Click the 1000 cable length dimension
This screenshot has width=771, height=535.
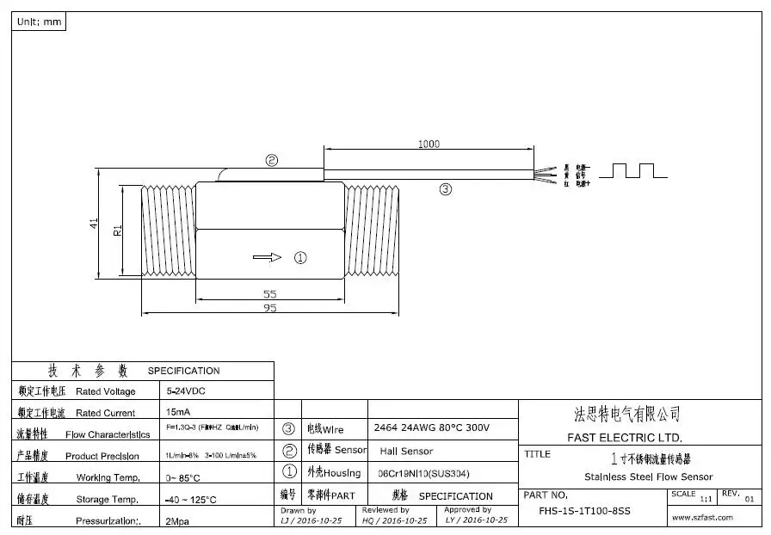click(429, 145)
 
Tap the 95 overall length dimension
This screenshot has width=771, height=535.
click(270, 308)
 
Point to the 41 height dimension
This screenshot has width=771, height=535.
click(94, 223)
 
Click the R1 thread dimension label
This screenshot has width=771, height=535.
click(118, 230)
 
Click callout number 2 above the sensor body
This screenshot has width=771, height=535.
click(272, 160)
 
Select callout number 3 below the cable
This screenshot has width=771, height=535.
click(445, 189)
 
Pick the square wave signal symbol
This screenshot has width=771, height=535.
click(633, 170)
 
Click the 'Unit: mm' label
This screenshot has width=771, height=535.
click(39, 22)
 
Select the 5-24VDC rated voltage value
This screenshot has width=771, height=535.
click(187, 390)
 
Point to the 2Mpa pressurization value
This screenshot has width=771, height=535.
click(179, 521)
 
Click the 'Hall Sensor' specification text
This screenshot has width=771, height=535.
click(406, 451)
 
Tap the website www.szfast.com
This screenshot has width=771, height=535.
click(702, 517)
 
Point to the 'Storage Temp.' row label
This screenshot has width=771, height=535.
click(106, 499)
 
